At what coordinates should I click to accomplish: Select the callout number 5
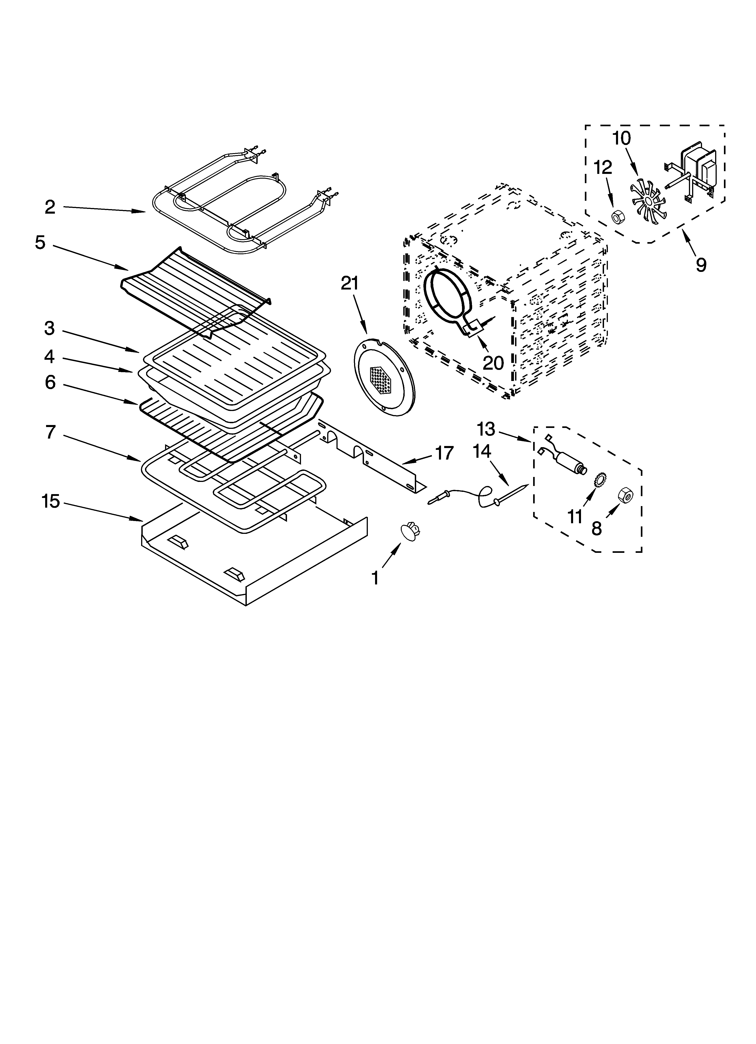pos(40,243)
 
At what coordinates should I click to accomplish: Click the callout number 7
pos(51,432)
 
